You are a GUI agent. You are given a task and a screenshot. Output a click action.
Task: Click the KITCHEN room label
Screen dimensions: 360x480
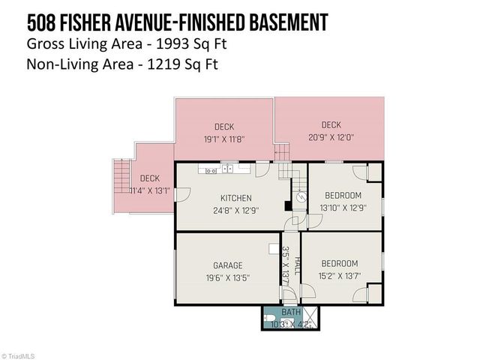225,198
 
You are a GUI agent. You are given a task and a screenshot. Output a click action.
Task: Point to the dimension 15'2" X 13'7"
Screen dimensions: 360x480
340,276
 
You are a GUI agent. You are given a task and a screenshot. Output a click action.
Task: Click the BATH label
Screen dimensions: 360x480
290,312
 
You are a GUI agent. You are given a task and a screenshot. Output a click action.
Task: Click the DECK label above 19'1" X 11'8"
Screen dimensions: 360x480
224,127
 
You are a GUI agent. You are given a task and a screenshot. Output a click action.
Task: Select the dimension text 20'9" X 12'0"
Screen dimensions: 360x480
331,137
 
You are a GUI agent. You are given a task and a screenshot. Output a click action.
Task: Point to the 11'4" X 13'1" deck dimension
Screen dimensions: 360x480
149,191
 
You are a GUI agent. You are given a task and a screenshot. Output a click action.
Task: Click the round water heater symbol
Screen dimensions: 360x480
300,198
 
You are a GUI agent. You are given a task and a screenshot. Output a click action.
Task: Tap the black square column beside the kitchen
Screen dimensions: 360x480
287,205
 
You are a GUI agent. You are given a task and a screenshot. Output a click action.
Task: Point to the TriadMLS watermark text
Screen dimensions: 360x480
20,355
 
